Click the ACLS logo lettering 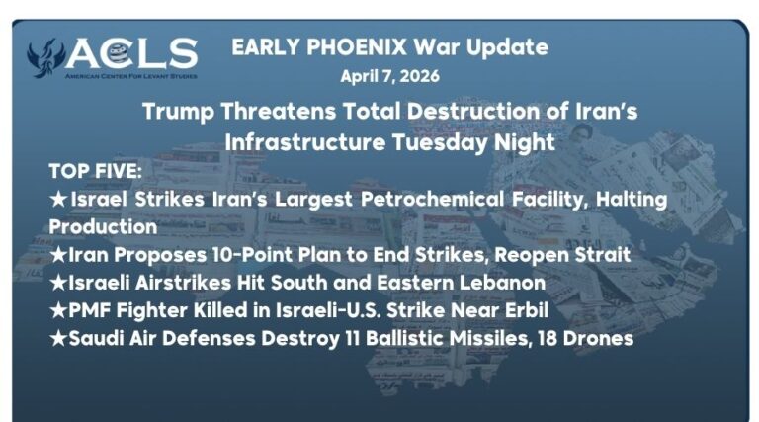[x=132, y=52]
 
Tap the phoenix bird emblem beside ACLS [x=44, y=58]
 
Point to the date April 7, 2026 [x=389, y=75]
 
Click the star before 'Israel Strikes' [x=58, y=199]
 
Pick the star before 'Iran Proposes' [x=58, y=255]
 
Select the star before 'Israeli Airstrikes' [x=58, y=283]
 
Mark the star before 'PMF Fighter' [x=58, y=310]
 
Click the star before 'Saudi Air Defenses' [x=58, y=338]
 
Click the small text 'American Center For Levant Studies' [x=130, y=75]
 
